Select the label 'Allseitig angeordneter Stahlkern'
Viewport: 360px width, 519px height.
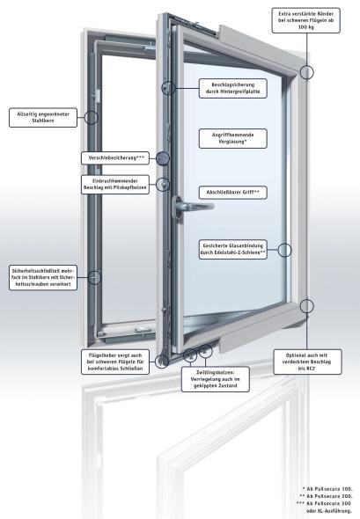43,118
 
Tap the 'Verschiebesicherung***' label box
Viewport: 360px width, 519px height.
115,157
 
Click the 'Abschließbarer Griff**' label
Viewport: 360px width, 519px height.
233,193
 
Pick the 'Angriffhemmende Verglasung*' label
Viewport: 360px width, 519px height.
233,138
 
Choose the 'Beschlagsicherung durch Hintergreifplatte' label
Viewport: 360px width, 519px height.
233,88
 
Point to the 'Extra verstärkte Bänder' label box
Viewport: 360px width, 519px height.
306,20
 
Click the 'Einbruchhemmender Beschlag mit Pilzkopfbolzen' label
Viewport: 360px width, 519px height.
115,185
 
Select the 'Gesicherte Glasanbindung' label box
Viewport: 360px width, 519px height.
233,249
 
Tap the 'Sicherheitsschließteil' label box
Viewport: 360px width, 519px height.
43,277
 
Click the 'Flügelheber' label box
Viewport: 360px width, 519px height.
115,362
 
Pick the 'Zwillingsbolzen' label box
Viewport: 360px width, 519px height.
216,379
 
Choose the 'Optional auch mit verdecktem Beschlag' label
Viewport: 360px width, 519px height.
308,362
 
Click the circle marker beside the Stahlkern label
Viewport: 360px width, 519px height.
91,118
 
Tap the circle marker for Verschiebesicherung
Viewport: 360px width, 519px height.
163,158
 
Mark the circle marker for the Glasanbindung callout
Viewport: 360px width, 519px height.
284,250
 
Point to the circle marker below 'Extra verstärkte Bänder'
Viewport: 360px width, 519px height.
307,72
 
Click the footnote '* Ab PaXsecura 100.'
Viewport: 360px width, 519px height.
327,489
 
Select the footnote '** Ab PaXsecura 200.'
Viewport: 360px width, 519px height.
326,496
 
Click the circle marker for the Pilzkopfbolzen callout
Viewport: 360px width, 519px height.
163,185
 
